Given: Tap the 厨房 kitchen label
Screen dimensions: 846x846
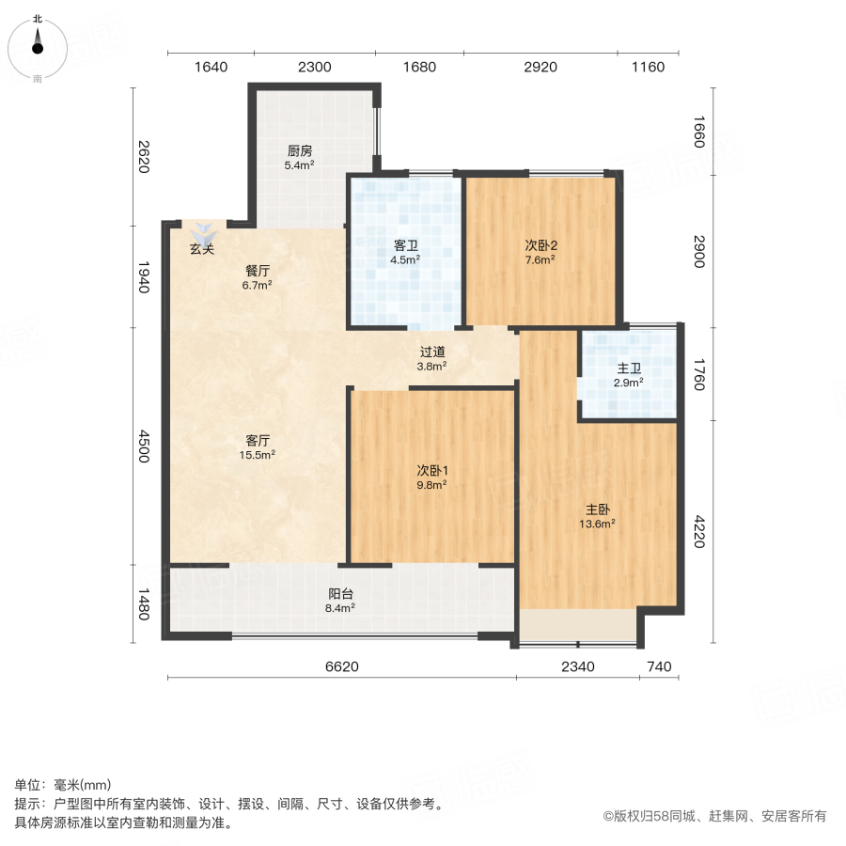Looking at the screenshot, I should pyautogui.click(x=300, y=157).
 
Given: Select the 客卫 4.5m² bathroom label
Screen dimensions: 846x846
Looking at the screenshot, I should pyautogui.click(x=406, y=253).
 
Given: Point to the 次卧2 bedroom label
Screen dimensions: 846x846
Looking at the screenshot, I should pyautogui.click(x=540, y=253).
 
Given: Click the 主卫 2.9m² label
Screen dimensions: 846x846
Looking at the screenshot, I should pyautogui.click(x=628, y=375).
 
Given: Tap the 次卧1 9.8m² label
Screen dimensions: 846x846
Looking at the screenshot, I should pyautogui.click(x=431, y=477).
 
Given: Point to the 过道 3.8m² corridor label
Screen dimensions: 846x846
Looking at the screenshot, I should pyautogui.click(x=432, y=359).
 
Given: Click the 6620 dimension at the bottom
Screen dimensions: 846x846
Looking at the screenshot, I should pyautogui.click(x=342, y=667).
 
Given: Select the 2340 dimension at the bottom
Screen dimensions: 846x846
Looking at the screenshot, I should pyautogui.click(x=577, y=667).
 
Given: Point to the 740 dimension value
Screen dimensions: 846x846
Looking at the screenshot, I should pyautogui.click(x=660, y=667).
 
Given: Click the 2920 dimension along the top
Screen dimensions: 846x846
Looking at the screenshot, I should pyautogui.click(x=540, y=67).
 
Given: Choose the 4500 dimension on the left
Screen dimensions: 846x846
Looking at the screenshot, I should pyautogui.click(x=143, y=446).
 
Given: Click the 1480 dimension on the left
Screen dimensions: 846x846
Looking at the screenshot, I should pyautogui.click(x=143, y=603).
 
